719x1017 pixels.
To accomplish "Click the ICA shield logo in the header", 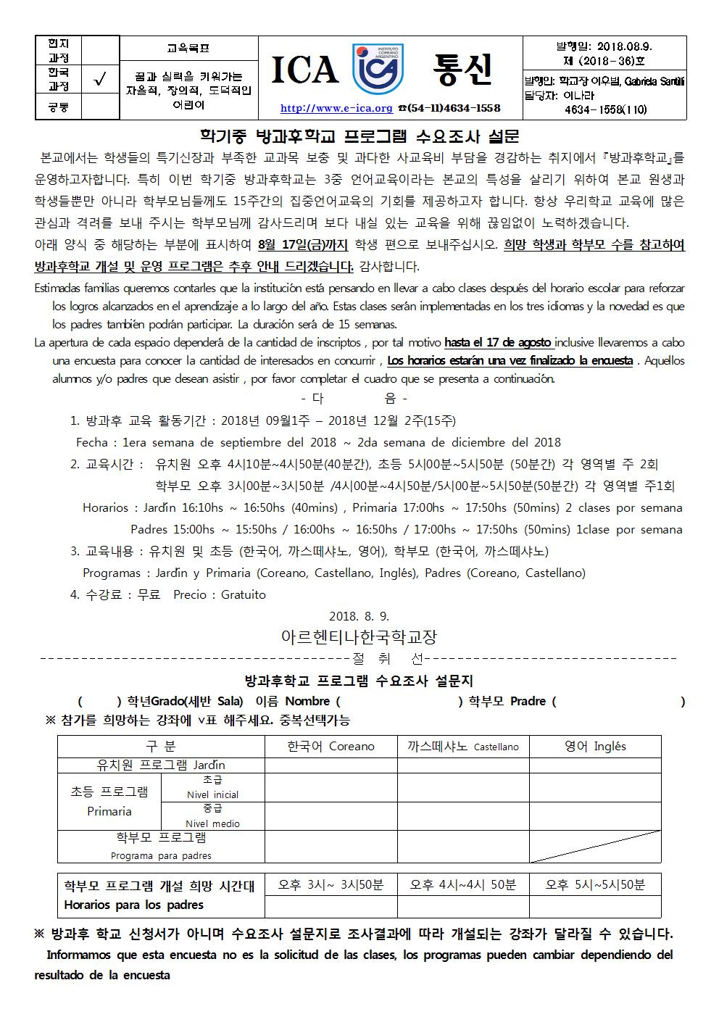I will click(x=377, y=70).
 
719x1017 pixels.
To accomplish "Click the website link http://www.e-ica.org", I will click(x=336, y=108).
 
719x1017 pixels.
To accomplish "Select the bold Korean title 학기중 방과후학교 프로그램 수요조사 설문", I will click(x=359, y=136).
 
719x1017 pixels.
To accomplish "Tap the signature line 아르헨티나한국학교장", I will click(x=359, y=637).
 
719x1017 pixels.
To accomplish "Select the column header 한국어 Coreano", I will click(x=331, y=746).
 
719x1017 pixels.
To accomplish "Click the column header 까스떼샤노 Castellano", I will click(x=463, y=746).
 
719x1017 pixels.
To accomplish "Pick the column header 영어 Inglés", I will click(x=594, y=746).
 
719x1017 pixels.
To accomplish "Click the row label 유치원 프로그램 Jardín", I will click(x=161, y=765).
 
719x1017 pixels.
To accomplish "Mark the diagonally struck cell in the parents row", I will click(x=594, y=846).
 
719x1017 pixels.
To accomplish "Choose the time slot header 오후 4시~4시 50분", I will click(x=463, y=884).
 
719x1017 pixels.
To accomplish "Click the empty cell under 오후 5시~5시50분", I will click(x=594, y=905).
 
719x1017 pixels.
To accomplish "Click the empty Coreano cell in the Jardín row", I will click(x=331, y=765).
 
